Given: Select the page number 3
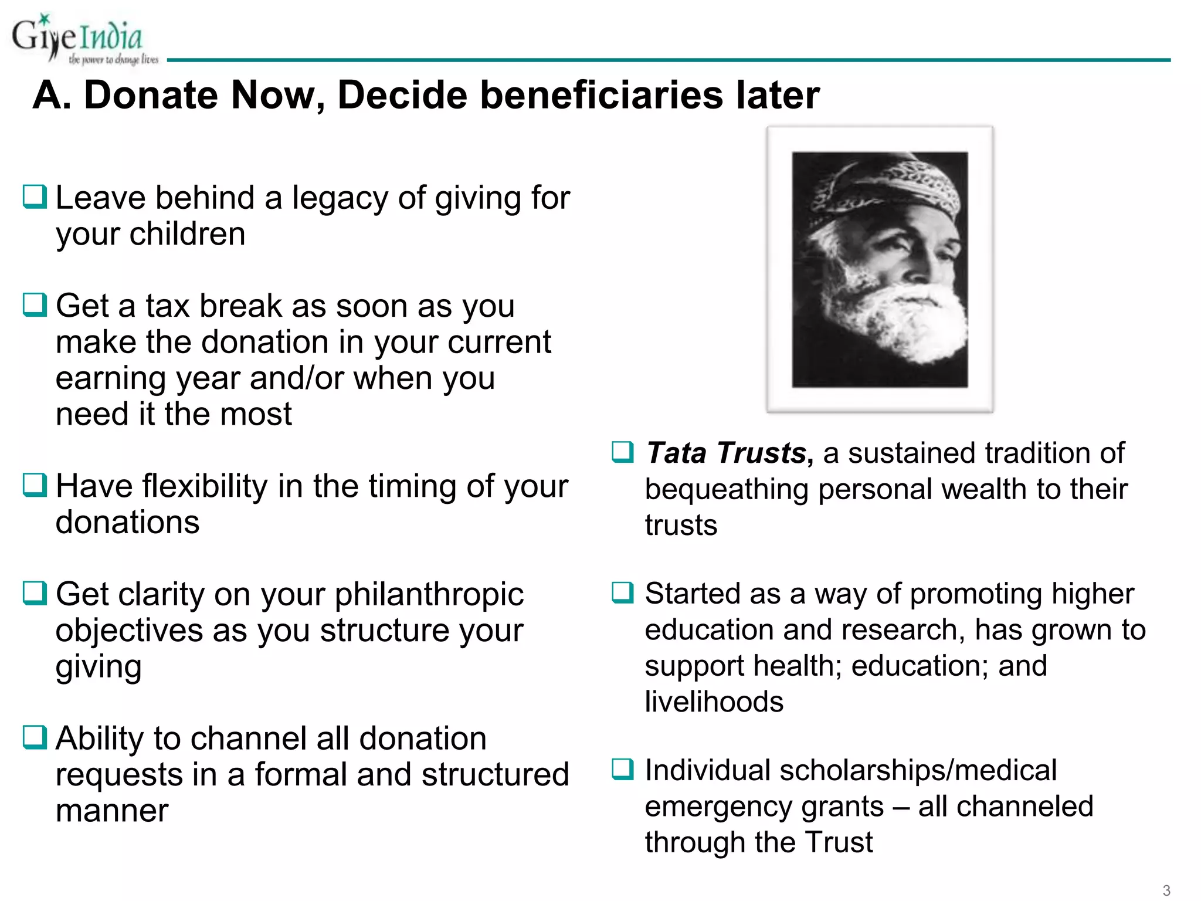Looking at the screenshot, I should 1166,890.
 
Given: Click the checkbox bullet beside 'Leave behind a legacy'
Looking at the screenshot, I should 35,197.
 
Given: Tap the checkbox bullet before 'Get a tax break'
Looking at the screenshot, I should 35,304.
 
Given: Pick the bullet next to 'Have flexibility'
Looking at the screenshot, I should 35,485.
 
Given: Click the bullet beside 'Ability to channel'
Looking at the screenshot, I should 35,737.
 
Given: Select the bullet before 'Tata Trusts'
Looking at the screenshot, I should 623,452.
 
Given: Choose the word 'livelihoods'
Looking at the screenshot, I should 714,702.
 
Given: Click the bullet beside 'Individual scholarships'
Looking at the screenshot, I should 623,769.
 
